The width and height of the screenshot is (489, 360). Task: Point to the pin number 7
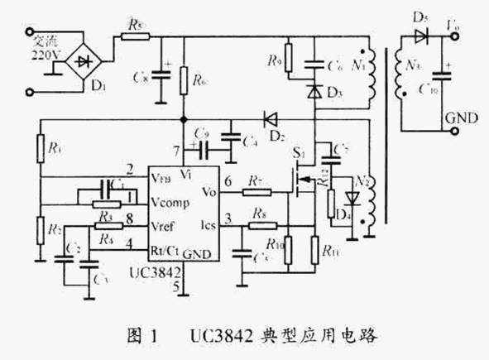176,151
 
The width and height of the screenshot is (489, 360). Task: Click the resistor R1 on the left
40,149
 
